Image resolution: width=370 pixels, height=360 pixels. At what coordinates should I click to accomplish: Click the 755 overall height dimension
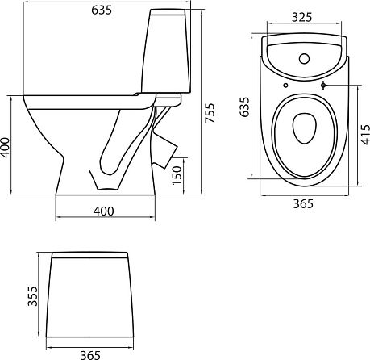point(210,113)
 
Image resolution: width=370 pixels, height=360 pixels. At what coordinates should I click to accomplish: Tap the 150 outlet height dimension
point(177,175)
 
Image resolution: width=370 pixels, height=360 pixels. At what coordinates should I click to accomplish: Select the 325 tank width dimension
point(302,17)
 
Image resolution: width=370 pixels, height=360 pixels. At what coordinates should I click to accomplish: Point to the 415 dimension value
point(364,135)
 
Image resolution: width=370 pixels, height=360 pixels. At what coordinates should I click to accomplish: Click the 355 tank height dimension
point(33,296)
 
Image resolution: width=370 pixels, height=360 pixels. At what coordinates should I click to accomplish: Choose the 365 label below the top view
point(303,204)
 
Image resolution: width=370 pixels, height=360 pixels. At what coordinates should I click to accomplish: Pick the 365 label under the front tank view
point(90,355)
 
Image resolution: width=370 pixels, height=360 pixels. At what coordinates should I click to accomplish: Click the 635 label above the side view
point(102,10)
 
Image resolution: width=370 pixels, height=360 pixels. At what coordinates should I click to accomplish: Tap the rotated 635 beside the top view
point(244,107)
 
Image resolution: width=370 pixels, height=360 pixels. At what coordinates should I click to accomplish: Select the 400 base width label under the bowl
point(104,211)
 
